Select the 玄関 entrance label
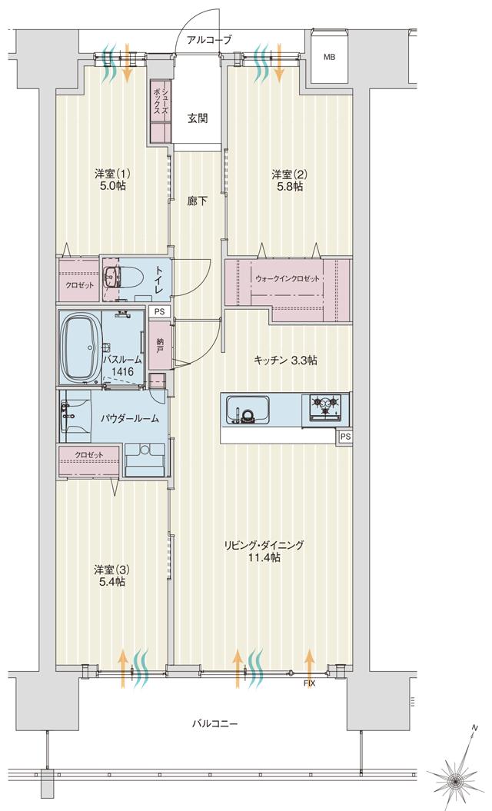pos(198,118)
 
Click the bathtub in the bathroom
pos(80,347)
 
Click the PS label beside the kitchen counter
pos(346,437)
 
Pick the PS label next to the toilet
pos(159,311)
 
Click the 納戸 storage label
pos(160,345)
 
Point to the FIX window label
pos(309,683)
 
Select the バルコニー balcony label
pos(215,724)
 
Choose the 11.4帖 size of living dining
pos(264,557)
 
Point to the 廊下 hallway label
pos(198,202)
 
